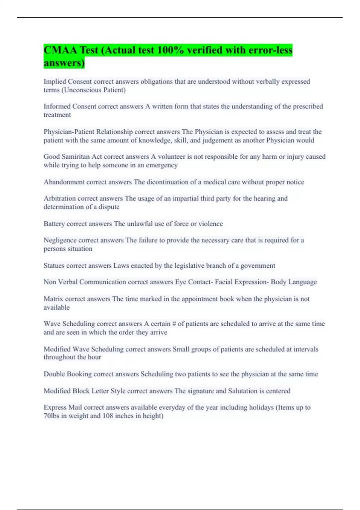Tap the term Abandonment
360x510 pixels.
[x=64, y=182]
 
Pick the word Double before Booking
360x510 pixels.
[x=54, y=374]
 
